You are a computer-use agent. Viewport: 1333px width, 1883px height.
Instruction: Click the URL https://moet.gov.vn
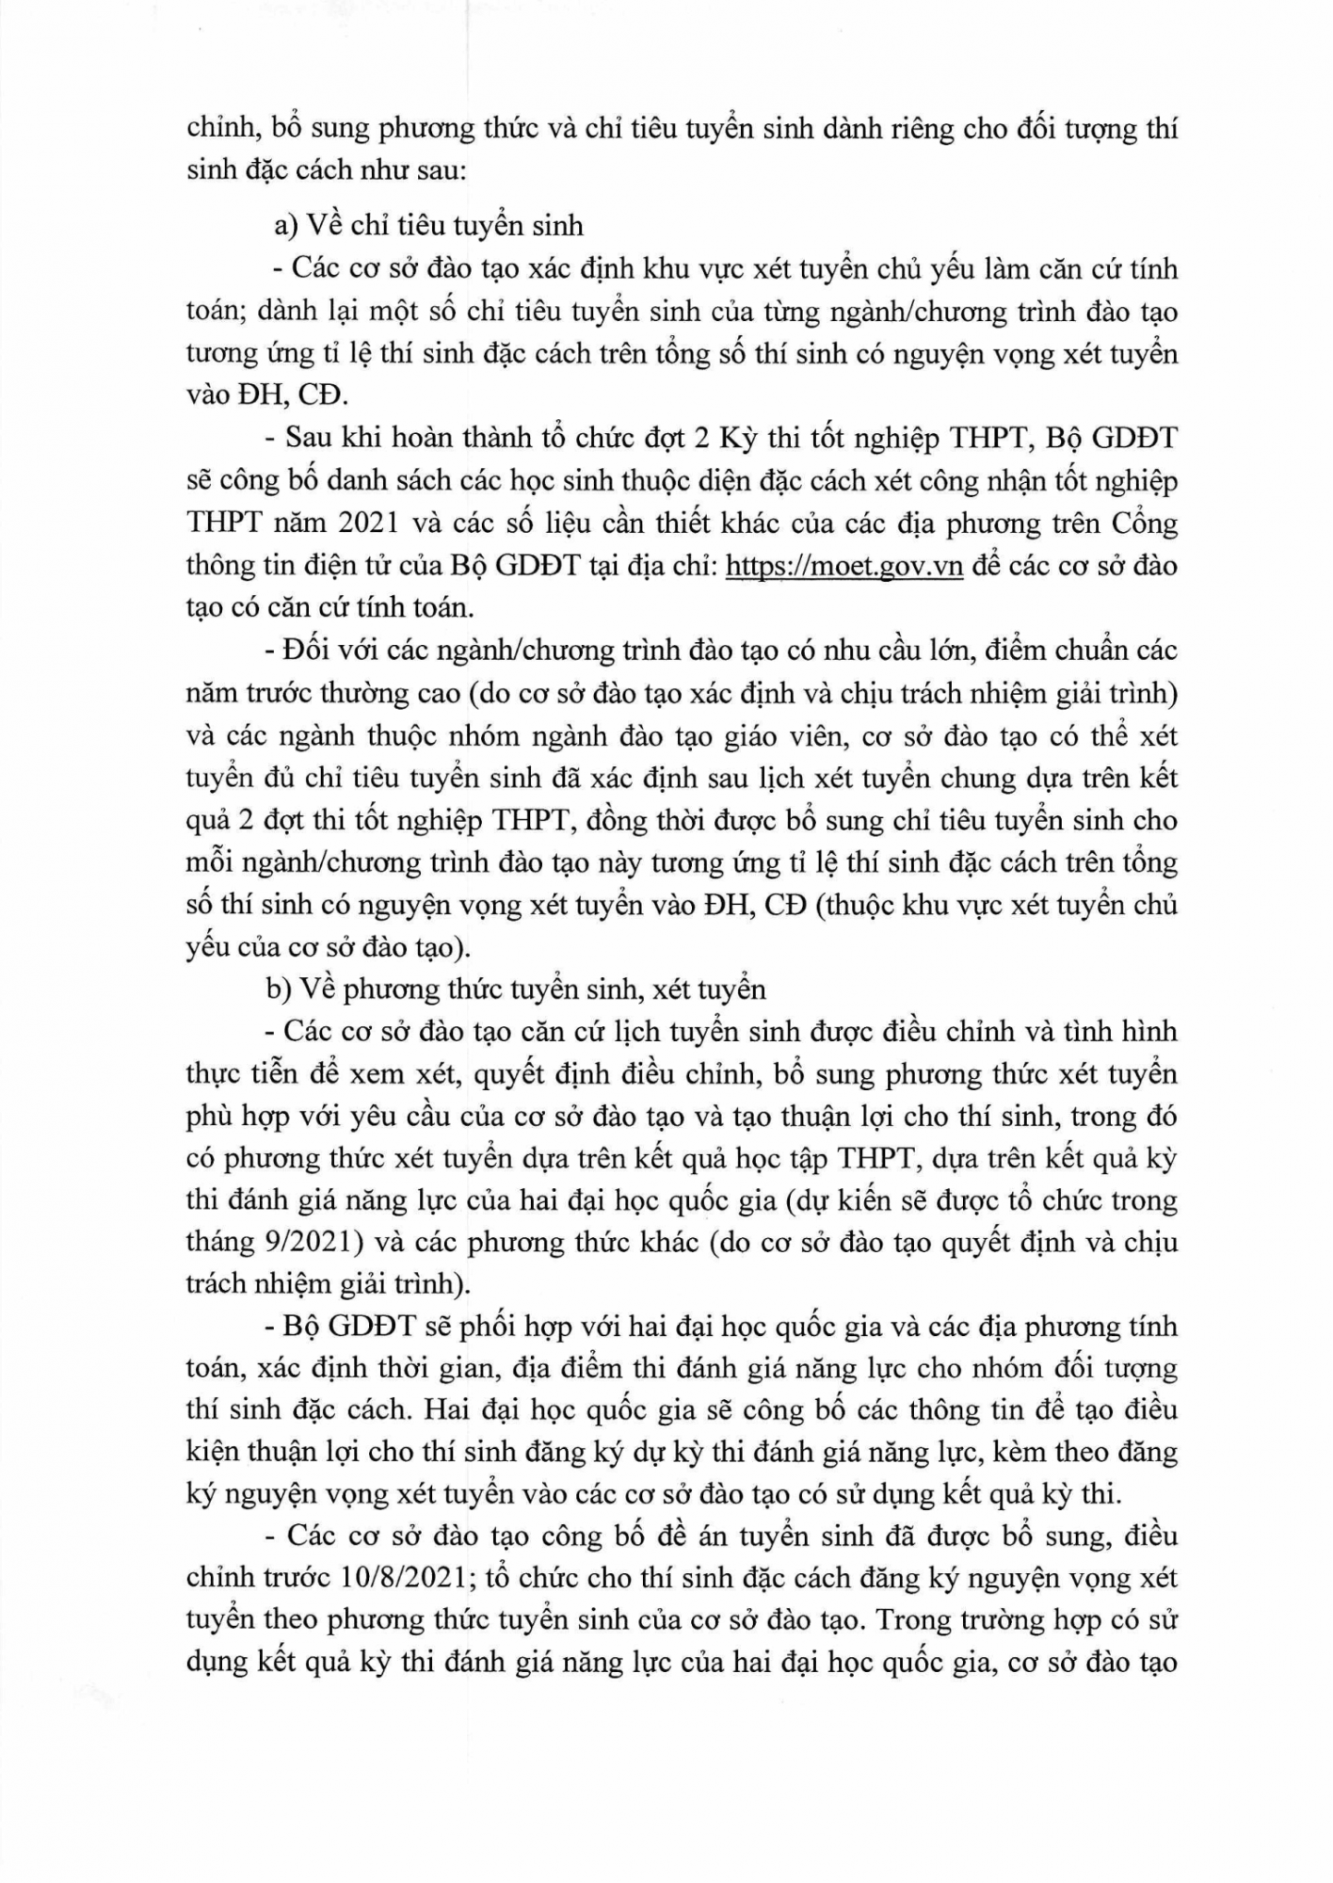[x=844, y=566]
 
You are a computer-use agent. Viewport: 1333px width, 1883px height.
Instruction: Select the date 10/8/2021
[x=397, y=1578]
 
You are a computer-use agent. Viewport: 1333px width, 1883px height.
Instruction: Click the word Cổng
[x=1144, y=523]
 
